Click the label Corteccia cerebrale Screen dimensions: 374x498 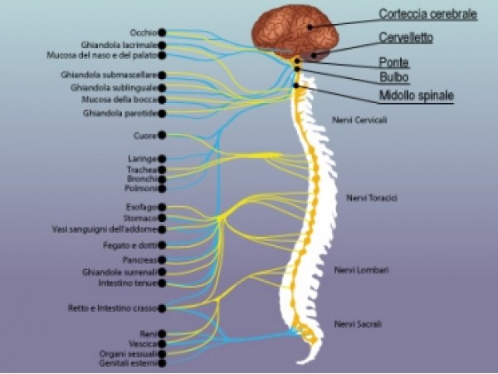coord(427,14)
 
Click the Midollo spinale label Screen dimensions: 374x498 coord(416,96)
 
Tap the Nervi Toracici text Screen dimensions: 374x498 coord(373,198)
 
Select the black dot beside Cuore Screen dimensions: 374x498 coord(162,135)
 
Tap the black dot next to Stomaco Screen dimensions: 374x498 coord(162,218)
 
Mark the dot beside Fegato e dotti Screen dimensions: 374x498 coord(162,245)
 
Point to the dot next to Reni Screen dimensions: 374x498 coord(162,333)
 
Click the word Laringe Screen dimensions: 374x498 coord(143,158)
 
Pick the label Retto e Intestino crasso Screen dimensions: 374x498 coord(111,308)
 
